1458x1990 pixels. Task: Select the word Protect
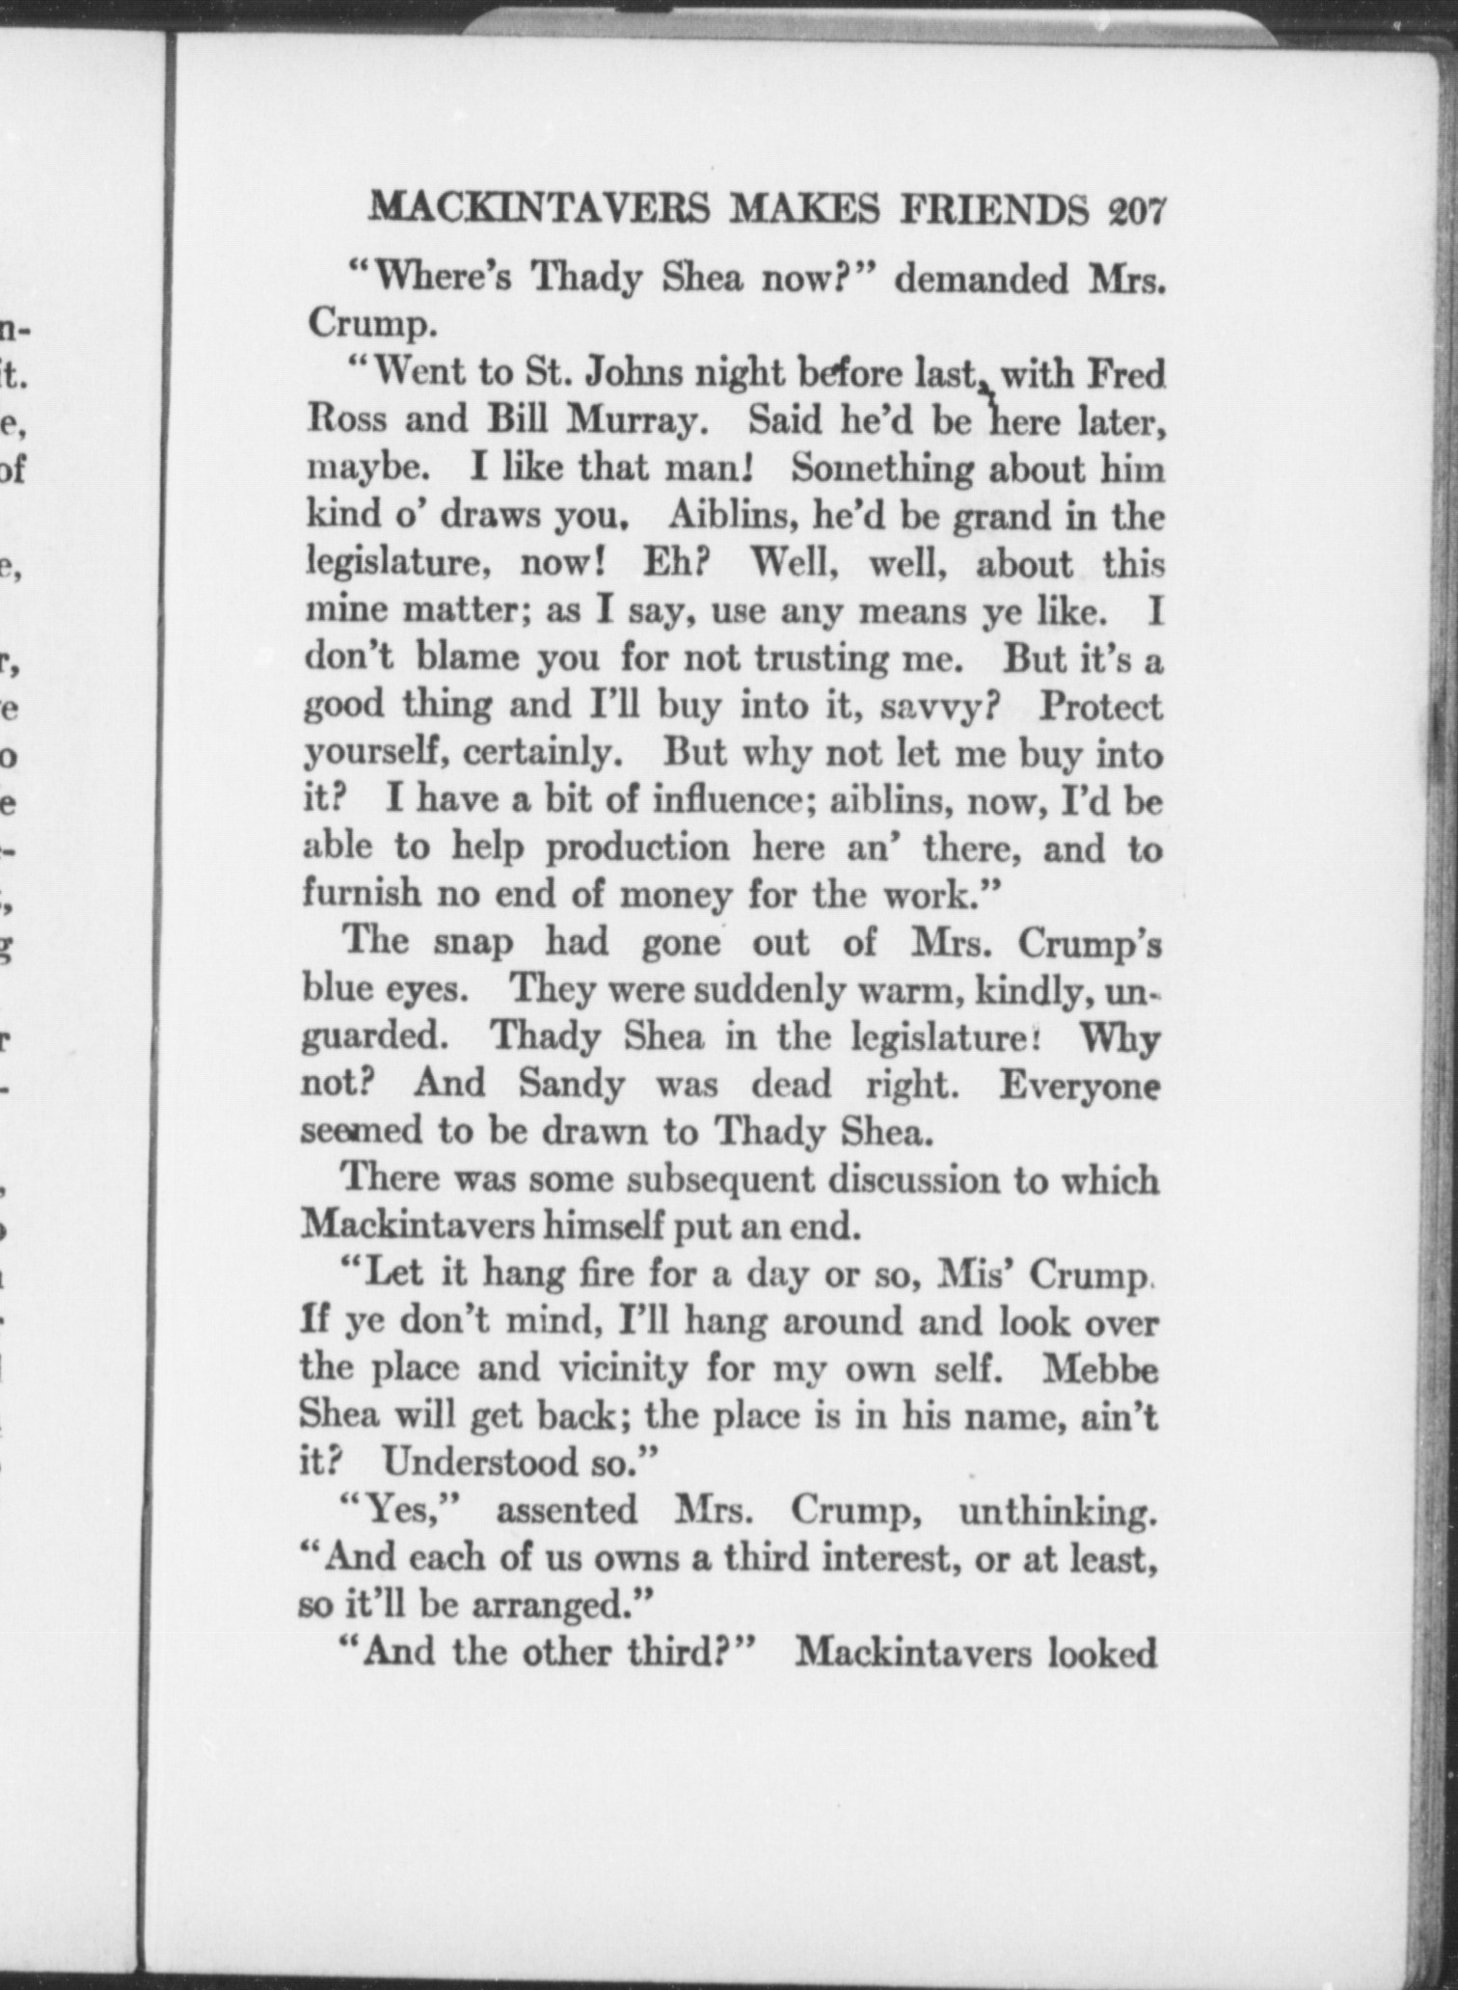1101,707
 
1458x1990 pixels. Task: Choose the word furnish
363,894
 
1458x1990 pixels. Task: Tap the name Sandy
572,1085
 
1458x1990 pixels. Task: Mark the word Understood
478,1464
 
